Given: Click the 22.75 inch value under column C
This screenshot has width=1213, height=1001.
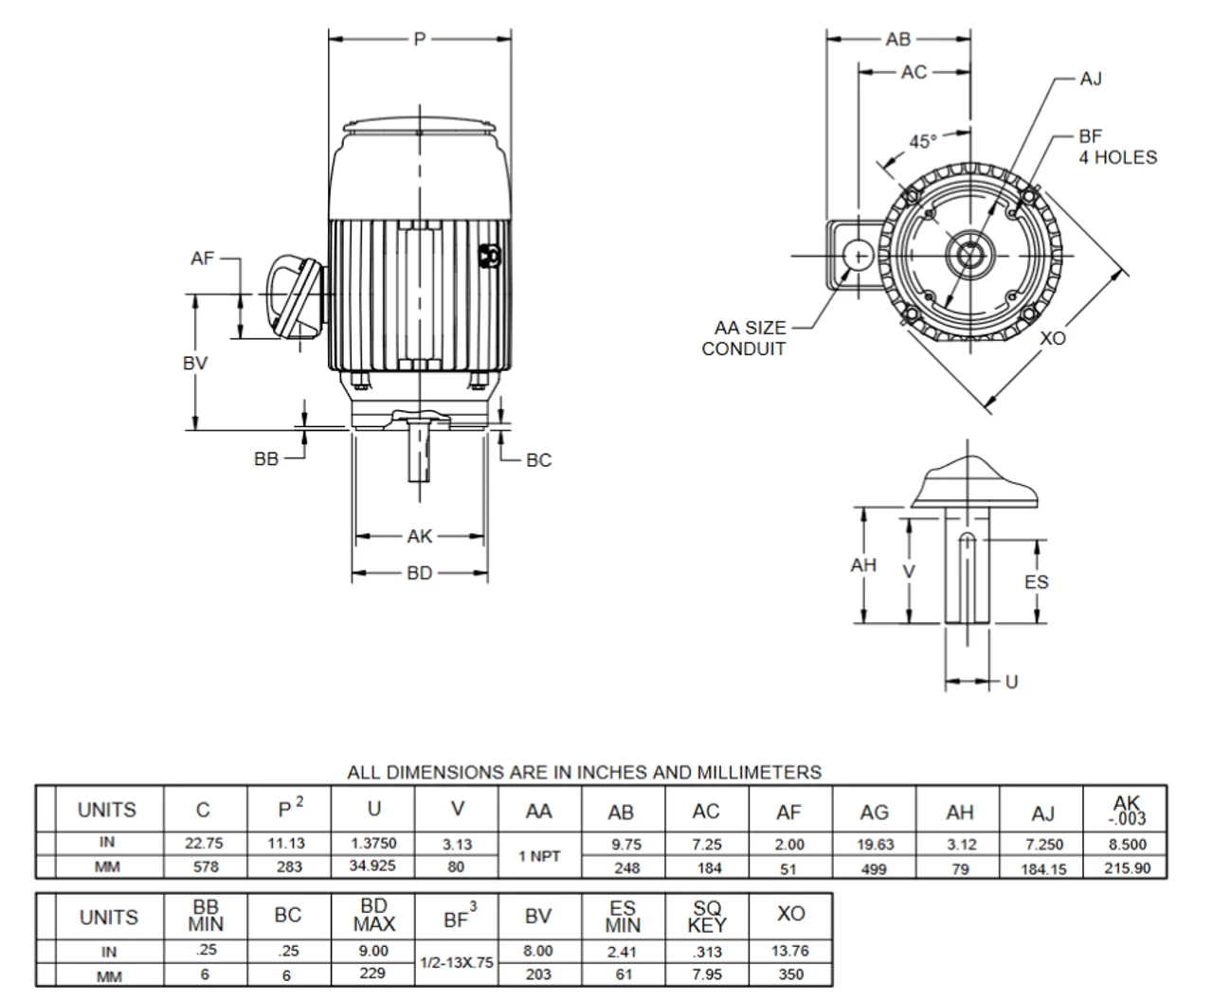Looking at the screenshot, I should pos(206,844).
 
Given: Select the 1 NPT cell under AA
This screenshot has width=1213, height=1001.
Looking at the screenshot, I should pos(539,856).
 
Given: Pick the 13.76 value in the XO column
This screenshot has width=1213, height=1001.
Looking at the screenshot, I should pos(790,951).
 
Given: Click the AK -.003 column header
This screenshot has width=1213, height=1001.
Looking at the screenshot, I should pos(1127,812).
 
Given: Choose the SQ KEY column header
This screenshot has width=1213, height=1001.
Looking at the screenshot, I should pos(707,917).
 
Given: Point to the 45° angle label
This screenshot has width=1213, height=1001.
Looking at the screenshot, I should pos(923,141).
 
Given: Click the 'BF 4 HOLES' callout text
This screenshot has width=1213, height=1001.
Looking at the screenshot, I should pos(1117,147).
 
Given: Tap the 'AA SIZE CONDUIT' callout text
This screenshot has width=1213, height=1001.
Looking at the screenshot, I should pos(745,338).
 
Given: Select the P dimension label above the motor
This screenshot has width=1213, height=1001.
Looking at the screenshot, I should pos(420,39).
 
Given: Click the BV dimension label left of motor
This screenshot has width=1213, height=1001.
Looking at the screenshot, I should pos(195,363).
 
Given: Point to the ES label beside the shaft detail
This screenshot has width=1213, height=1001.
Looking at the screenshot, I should pos(1037,581).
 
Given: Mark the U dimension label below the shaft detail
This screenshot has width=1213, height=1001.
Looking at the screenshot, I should pos(1011,682).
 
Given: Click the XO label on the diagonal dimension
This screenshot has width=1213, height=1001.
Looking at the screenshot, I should pos(1053,338).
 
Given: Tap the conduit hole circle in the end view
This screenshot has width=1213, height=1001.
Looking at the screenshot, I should pos(859,256).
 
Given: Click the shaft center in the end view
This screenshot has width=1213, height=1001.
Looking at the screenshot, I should pos(969,256).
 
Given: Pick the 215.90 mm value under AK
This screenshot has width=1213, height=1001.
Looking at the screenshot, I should pos(1127,867).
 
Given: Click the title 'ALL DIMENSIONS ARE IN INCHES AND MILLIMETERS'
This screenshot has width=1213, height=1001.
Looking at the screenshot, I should pos(584,773).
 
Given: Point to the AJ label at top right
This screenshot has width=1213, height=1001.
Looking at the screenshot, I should pos(1091,79).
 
